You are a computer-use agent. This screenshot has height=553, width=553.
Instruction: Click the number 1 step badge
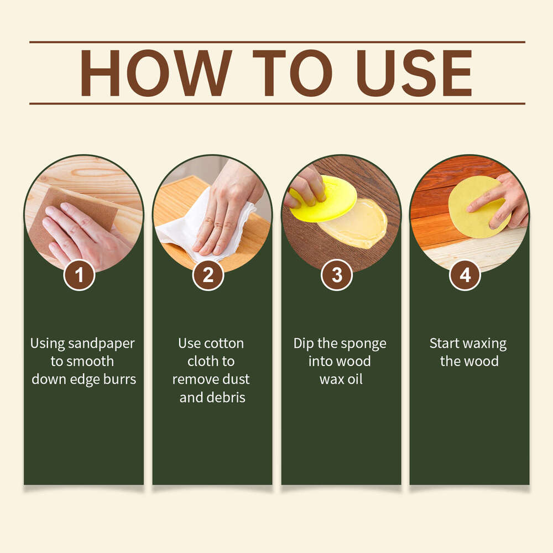point(80,275)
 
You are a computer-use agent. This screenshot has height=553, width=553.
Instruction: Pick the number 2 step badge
point(208,275)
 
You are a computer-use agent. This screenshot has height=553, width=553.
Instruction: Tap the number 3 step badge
point(337,275)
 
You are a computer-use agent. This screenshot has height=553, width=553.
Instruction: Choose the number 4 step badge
point(465,275)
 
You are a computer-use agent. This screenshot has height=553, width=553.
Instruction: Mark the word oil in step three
point(354,379)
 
